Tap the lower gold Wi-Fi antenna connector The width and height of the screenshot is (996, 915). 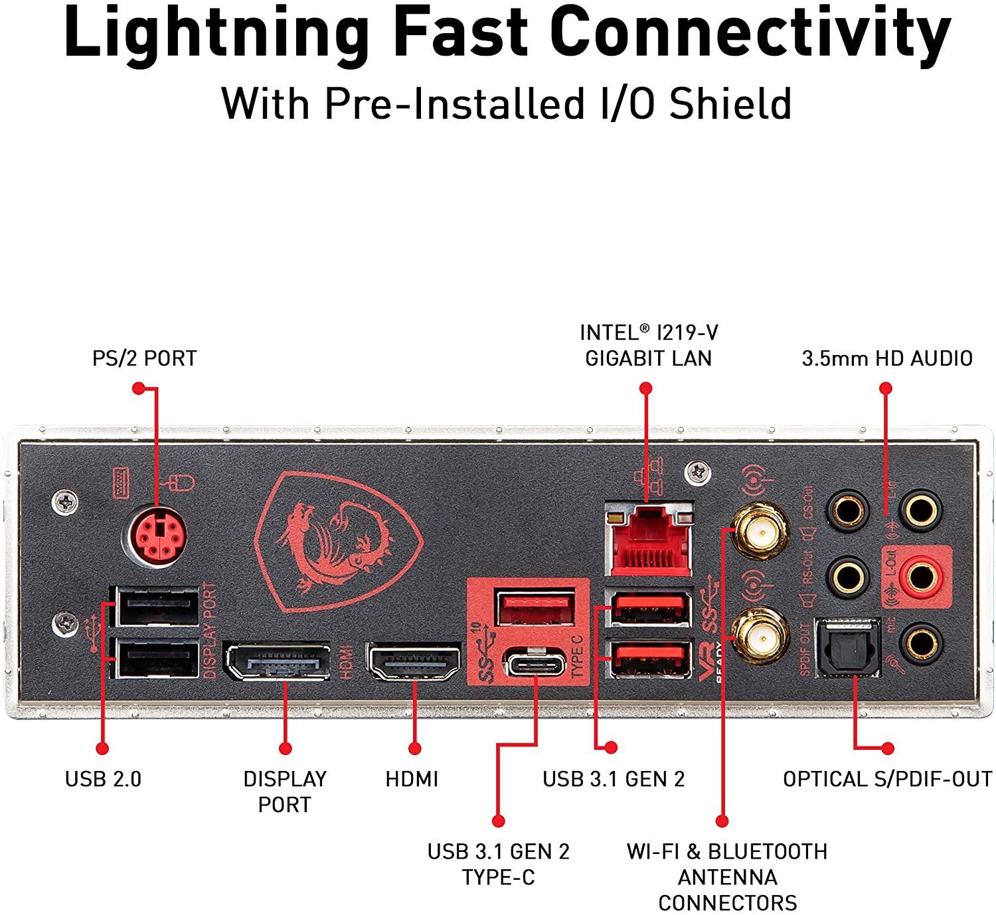point(760,638)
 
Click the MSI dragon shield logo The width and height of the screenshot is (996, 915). point(338,541)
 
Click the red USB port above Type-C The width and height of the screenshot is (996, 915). point(535,608)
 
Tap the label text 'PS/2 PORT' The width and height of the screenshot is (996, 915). point(144,358)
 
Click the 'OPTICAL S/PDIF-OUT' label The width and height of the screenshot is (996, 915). point(887,778)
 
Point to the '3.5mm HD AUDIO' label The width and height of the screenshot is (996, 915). point(887,358)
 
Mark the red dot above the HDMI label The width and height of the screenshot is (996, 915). point(415,748)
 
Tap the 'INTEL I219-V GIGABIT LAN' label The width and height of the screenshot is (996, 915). point(648,345)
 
